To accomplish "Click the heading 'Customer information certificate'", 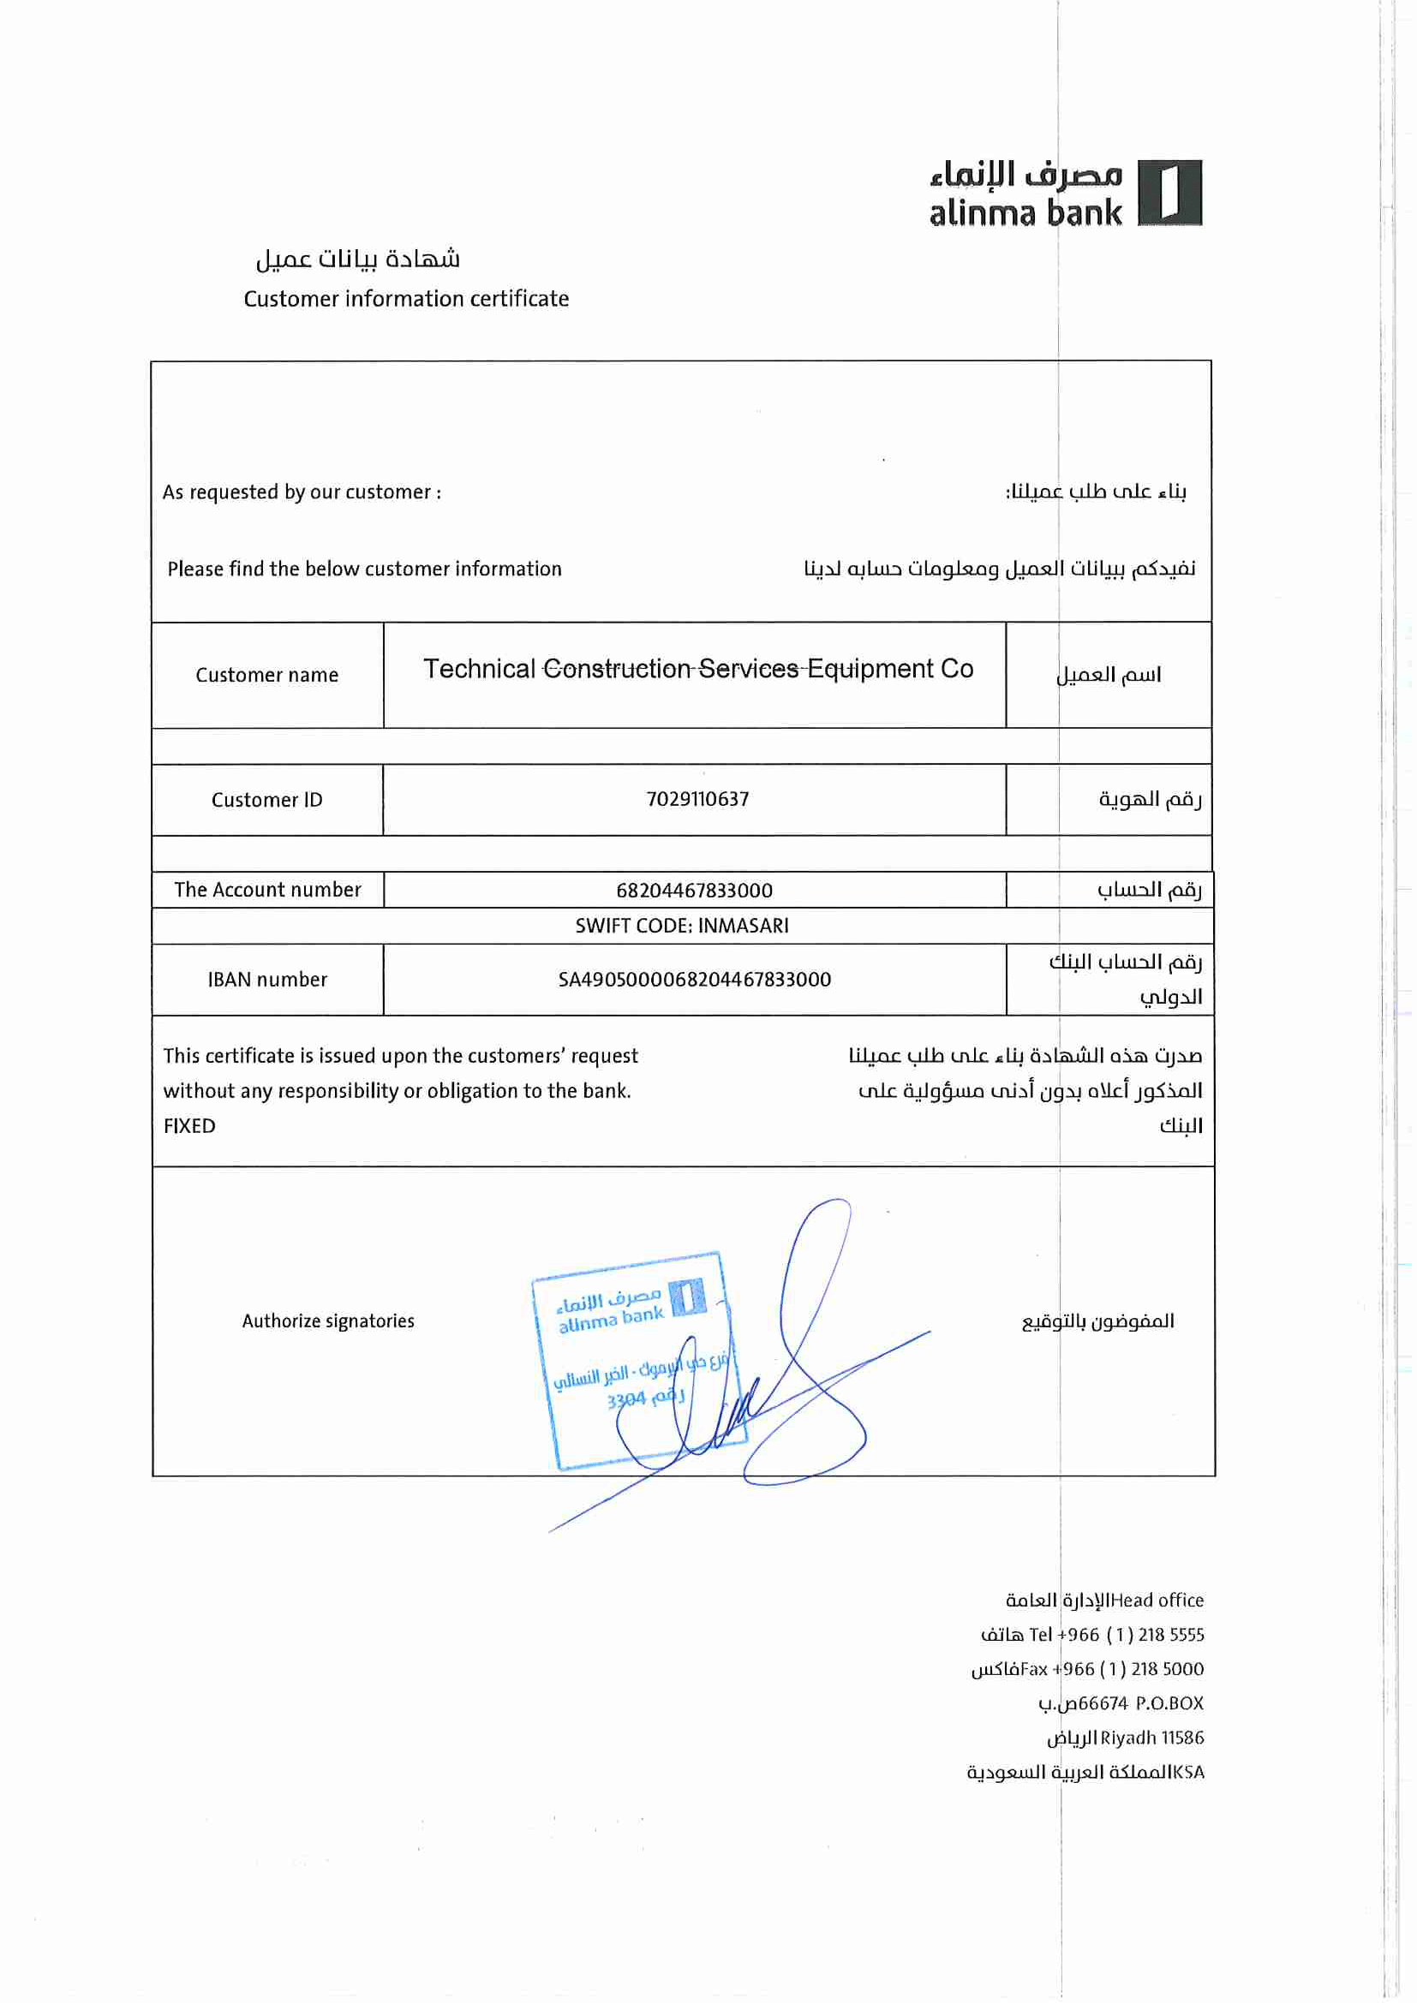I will pyautogui.click(x=406, y=299).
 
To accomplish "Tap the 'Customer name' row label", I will pyautogui.click(x=267, y=675).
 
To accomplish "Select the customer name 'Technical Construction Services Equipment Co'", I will pyautogui.click(x=698, y=669).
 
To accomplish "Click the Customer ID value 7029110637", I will pyautogui.click(x=697, y=799).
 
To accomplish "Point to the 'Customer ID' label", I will pyautogui.click(x=267, y=800).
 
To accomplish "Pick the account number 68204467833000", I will pyautogui.click(x=694, y=891).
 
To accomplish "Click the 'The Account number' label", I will pyautogui.click(x=267, y=890).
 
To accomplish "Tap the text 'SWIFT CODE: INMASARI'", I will pyautogui.click(x=681, y=926).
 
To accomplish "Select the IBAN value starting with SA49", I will pyautogui.click(x=695, y=980).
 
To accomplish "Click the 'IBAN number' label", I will pyautogui.click(x=267, y=980).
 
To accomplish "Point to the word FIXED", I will pyautogui.click(x=189, y=1126).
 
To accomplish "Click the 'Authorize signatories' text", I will pyautogui.click(x=328, y=1320).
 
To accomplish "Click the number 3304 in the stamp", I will pyautogui.click(x=625, y=1400).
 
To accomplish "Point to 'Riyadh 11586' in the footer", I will pyautogui.click(x=1151, y=1738).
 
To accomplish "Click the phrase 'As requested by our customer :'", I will pyautogui.click(x=302, y=492).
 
